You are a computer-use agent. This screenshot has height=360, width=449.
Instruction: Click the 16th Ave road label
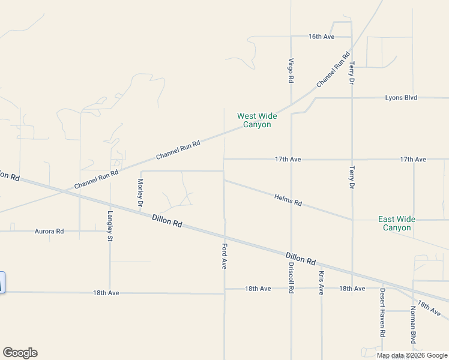(321, 37)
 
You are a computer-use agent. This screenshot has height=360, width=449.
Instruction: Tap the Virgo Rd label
(291, 70)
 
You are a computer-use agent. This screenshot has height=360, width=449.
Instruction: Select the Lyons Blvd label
(402, 97)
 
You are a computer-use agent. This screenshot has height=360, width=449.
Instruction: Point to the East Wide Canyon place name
(397, 223)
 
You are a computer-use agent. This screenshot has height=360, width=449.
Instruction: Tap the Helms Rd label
(288, 200)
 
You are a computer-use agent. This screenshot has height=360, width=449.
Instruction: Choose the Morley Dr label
(140, 193)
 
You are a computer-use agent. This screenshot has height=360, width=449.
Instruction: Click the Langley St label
(110, 226)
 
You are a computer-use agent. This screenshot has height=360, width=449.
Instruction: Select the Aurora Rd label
(49, 230)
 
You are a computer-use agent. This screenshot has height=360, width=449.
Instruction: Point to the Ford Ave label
(224, 255)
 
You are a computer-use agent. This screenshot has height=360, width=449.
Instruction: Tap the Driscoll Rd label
(291, 277)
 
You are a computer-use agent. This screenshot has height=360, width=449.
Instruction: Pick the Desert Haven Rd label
(382, 312)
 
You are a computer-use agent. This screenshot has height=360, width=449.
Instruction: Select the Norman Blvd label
(413, 325)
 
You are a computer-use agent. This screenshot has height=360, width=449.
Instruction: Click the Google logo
(20, 353)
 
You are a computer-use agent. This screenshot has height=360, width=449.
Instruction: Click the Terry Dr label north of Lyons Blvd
(352, 72)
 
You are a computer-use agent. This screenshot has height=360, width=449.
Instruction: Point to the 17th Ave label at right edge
(413, 159)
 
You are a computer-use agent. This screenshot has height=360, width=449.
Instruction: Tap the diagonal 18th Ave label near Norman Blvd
(430, 309)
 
